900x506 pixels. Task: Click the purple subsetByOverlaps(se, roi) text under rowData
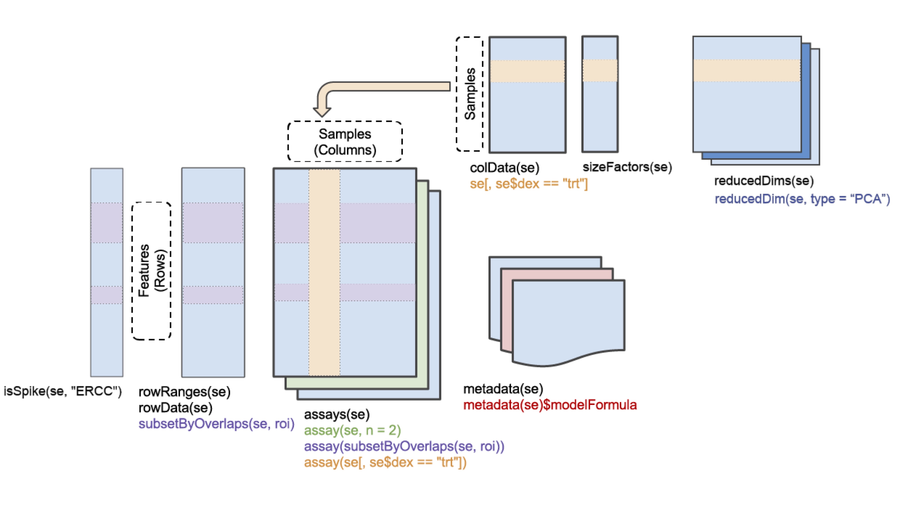(x=216, y=424)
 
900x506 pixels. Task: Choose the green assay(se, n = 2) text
(x=352, y=430)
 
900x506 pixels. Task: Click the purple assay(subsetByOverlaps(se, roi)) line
(x=404, y=446)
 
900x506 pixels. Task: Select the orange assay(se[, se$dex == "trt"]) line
(x=385, y=462)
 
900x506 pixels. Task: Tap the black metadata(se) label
(x=503, y=389)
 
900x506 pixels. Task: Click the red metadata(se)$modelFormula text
(x=550, y=405)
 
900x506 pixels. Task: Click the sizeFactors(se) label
(x=627, y=167)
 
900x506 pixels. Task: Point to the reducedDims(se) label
(x=764, y=181)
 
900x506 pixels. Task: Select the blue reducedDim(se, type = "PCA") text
(x=802, y=199)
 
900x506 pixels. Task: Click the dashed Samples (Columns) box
(x=345, y=142)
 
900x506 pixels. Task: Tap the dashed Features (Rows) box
(x=151, y=271)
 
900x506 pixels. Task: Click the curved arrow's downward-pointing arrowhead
(x=322, y=112)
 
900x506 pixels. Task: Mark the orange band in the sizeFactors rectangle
(x=600, y=71)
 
